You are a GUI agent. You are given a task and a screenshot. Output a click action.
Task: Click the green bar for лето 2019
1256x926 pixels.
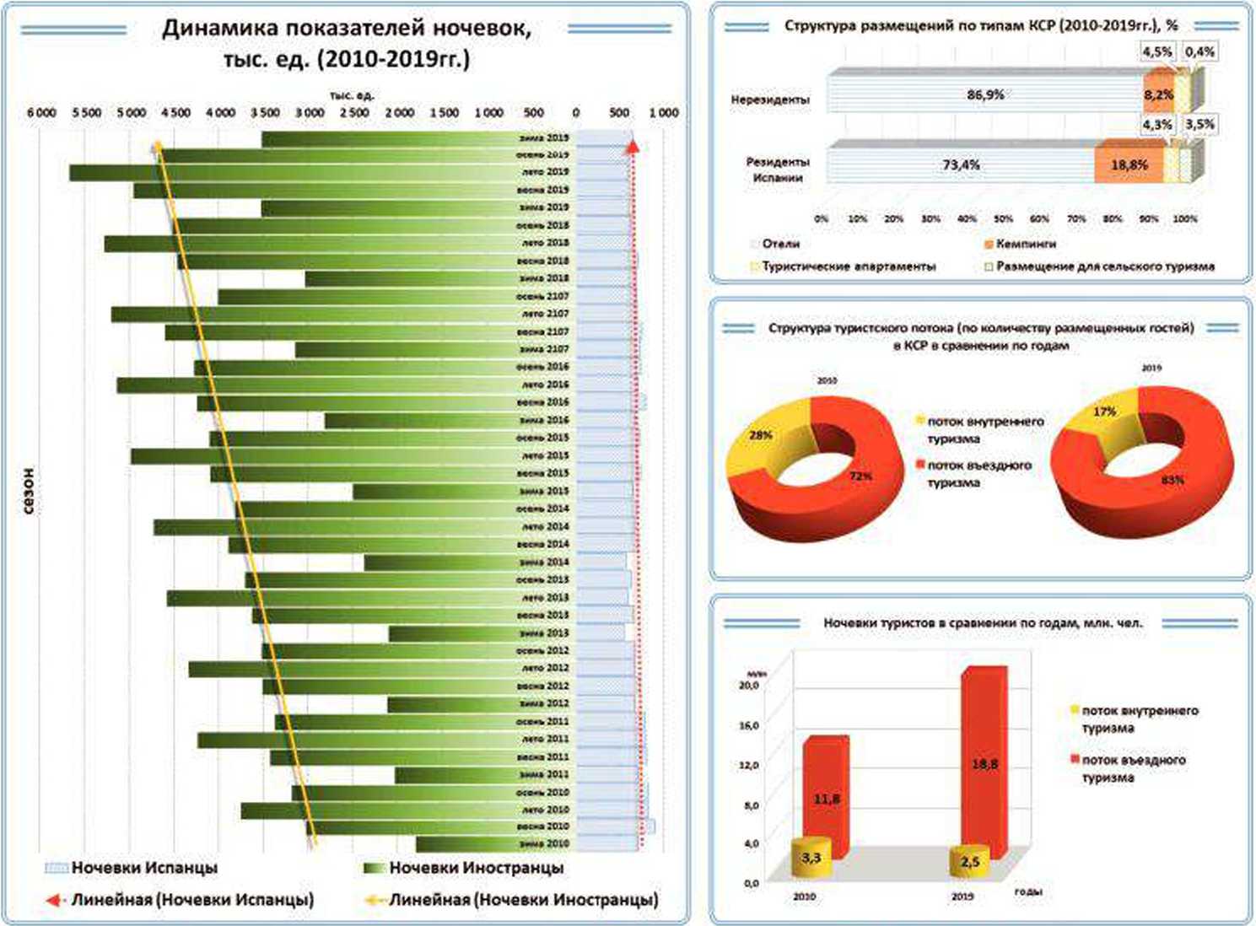click(x=295, y=172)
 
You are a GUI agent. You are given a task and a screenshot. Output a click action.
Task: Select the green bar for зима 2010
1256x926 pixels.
click(x=472, y=844)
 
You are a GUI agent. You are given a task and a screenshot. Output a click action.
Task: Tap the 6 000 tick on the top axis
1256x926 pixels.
click(x=41, y=113)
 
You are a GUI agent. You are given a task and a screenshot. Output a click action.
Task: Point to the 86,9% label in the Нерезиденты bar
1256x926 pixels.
click(x=985, y=94)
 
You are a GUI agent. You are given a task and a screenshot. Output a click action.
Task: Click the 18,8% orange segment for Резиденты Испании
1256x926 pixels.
click(x=1129, y=164)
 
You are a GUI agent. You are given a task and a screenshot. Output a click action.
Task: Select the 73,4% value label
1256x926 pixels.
click(x=961, y=164)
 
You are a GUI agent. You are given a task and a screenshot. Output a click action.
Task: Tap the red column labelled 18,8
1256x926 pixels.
click(x=984, y=759)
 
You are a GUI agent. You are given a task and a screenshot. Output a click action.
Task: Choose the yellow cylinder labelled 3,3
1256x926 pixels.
click(x=811, y=859)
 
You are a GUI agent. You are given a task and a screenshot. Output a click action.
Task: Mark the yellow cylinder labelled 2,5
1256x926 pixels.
click(x=969, y=862)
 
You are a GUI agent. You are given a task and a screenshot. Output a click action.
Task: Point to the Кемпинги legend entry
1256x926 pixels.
click(x=1025, y=244)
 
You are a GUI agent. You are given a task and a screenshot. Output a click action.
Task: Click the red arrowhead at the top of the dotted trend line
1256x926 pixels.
click(x=633, y=148)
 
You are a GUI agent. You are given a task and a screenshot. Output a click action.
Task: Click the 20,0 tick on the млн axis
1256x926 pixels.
click(x=748, y=685)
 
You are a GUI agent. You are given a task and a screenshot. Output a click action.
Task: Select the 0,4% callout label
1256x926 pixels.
click(x=1199, y=51)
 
